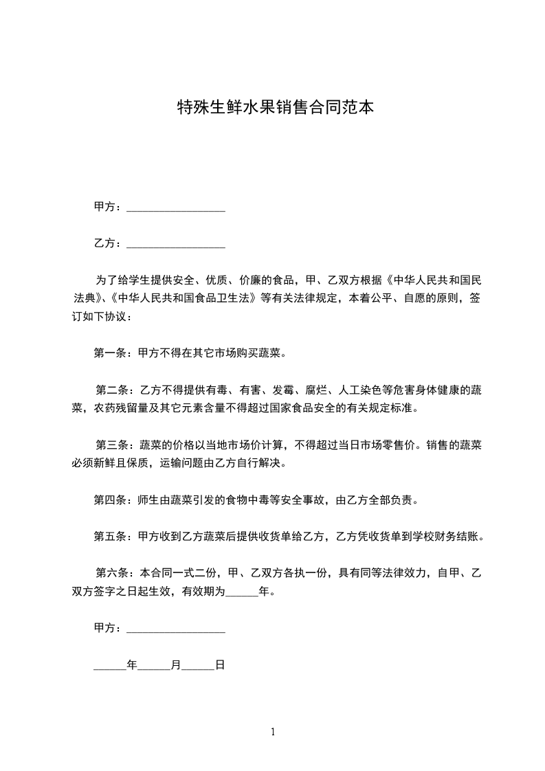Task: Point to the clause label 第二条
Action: tap(111, 390)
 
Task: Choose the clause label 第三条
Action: tap(111, 445)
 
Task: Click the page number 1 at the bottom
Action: tap(273, 732)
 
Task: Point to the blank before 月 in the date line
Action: tap(154, 667)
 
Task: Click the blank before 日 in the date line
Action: tap(198, 667)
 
